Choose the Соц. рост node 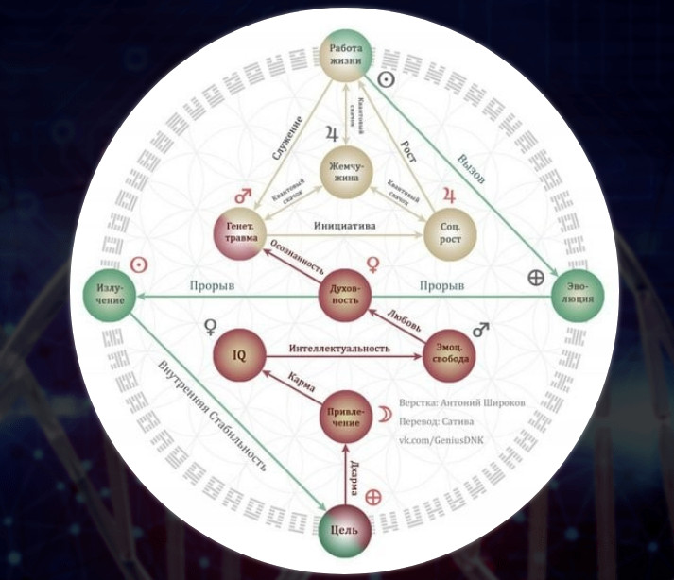coord(450,229)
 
